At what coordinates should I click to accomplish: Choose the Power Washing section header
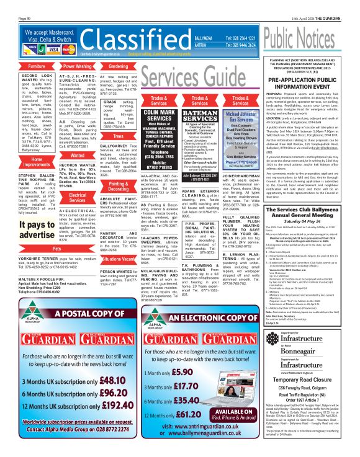[76, 66]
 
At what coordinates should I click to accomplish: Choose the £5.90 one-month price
[185, 372]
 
